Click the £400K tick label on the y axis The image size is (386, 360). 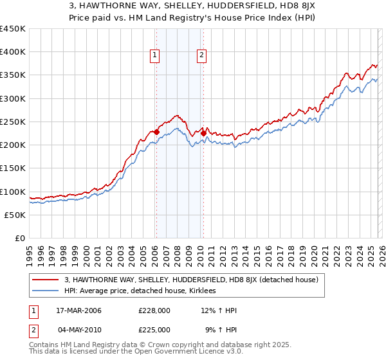tap(13, 52)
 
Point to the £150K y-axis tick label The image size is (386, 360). tap(13, 168)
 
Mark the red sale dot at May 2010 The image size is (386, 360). tap(203, 134)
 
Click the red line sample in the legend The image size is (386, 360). tap(46, 280)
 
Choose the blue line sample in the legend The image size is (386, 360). tap(46, 291)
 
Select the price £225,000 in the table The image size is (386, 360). tap(154, 329)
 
